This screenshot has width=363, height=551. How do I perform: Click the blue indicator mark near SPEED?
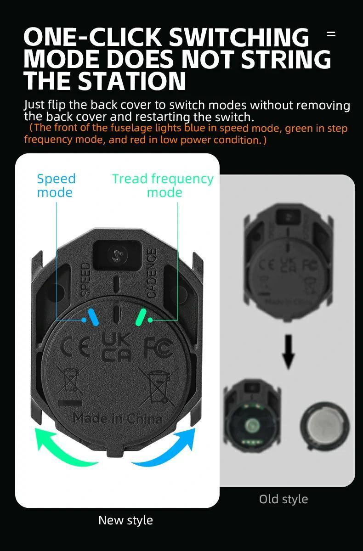coord(92,317)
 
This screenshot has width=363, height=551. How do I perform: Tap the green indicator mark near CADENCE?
coord(142,317)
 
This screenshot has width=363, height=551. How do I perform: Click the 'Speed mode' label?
coord(56,186)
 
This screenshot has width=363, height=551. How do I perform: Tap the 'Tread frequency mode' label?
coord(163,186)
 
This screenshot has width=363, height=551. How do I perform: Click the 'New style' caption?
coord(125,520)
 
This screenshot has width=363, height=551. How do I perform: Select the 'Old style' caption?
coord(284,499)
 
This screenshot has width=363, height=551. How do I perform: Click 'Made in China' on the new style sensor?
coord(117,418)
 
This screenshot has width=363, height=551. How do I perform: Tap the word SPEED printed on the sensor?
coord(85,279)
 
